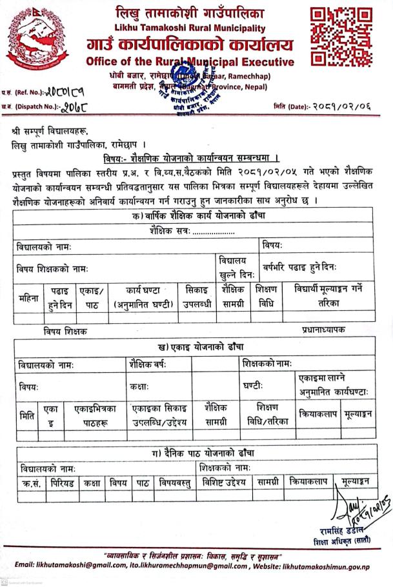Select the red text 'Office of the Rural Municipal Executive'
click(190, 62)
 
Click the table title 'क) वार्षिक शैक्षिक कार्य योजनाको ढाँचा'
click(191, 217)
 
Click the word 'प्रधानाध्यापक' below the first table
click(323, 329)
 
